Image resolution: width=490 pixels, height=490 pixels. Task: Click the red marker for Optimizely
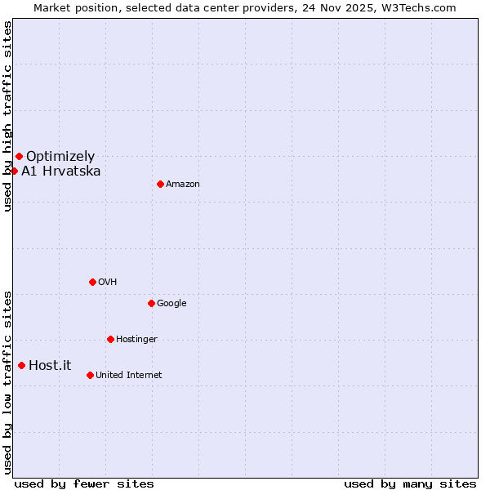coord(19,156)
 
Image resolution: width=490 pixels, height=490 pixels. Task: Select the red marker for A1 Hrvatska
coord(14,171)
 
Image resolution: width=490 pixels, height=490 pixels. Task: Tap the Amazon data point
coord(160,184)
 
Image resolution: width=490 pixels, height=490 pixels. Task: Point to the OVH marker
coord(92,282)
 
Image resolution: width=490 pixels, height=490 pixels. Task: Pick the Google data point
coord(151,303)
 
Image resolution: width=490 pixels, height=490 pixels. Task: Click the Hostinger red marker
coord(110,339)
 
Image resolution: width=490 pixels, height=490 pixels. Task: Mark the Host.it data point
coord(21,365)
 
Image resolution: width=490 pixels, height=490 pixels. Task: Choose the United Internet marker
coord(90,375)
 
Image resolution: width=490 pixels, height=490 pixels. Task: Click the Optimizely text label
coord(60,156)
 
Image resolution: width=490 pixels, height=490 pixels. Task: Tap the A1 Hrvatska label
coord(61,171)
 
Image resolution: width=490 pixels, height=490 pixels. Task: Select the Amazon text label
coord(183,184)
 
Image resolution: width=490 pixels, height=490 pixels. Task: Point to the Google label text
coord(171,303)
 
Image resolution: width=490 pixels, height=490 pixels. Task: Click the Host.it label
coord(50,365)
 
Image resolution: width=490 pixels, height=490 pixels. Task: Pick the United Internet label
coord(129,375)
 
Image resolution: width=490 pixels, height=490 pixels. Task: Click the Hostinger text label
coord(136,339)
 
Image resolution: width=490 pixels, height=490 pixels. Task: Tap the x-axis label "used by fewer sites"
coord(84,483)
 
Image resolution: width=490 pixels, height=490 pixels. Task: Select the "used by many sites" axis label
coord(410,483)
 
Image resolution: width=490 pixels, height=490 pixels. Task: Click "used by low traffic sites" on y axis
coord(7,381)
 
